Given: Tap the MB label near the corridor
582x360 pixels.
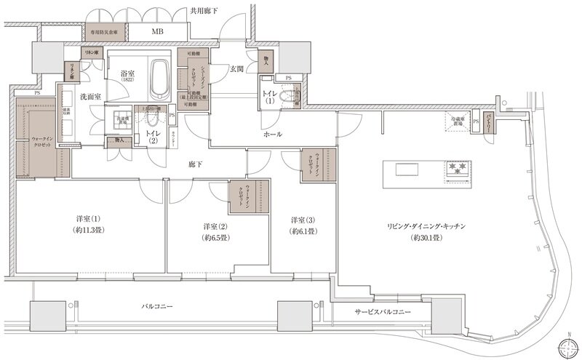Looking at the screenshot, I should tap(156, 33).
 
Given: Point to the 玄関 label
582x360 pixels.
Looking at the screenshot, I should tap(236, 69).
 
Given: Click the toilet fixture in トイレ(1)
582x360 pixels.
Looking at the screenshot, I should tap(290, 95).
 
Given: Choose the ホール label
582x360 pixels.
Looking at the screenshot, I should tap(274, 135).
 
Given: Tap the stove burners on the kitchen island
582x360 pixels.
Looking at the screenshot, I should tap(458, 169).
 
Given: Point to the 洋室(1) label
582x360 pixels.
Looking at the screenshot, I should tap(87, 220).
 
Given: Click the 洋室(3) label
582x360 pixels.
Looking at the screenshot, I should tap(302, 220).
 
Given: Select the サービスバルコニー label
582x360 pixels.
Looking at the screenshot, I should tap(383, 311).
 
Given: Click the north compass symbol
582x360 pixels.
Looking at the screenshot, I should tap(565, 346).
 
